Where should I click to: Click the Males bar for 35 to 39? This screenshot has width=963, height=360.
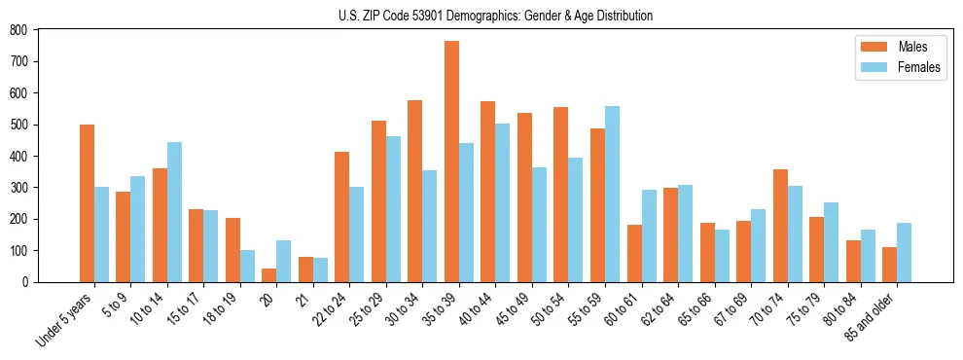(451, 162)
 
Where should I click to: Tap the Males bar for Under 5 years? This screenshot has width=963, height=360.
(87, 203)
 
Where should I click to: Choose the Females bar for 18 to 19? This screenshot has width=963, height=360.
(247, 266)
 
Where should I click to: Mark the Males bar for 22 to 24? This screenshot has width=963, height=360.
(342, 217)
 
